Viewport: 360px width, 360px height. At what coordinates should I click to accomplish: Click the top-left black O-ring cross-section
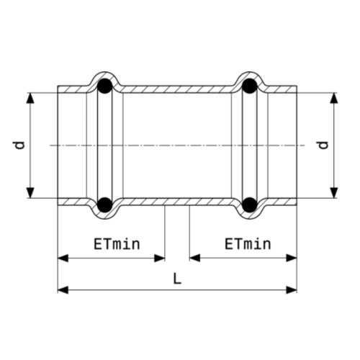pos(104,86)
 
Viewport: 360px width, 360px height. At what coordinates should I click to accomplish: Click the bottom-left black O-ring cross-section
pos(104,204)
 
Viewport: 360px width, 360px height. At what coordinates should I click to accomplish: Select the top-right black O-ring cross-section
pos(250,86)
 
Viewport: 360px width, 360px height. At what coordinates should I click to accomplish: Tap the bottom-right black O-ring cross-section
pos(250,204)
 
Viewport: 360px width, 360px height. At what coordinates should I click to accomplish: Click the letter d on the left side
pos(19,145)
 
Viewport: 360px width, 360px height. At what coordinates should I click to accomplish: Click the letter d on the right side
pos(323,145)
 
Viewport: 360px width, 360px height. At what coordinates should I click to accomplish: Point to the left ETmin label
pos(117,244)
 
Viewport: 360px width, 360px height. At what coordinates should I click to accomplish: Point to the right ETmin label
pos(248,244)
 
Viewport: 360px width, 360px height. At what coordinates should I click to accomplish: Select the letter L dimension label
pos(177,279)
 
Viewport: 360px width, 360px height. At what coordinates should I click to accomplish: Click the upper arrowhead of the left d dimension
pos(30,98)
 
